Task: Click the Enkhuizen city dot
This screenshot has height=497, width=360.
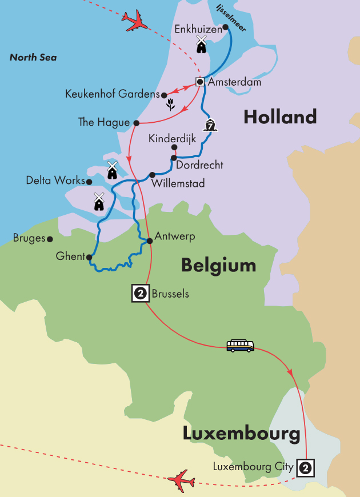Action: [226, 27]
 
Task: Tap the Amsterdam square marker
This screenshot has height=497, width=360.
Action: [200, 82]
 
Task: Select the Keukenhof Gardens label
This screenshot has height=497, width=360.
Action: [112, 94]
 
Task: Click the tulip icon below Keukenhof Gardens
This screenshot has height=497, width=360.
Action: [170, 104]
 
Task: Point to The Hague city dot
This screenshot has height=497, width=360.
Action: [136, 123]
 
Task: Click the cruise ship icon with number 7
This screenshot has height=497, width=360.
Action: [211, 125]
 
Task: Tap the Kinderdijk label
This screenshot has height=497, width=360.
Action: [174, 139]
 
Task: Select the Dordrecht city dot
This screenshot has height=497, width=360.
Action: [173, 158]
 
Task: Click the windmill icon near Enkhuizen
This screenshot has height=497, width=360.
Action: [201, 44]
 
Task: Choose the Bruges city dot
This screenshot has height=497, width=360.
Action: [50, 239]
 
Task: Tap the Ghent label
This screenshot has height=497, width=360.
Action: [70, 257]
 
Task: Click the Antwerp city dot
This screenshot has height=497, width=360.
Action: [150, 241]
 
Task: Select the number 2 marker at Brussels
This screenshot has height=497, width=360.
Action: [140, 294]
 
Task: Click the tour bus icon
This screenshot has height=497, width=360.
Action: [241, 346]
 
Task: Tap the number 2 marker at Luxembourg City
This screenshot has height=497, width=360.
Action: [306, 467]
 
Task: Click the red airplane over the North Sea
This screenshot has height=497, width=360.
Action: [134, 21]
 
